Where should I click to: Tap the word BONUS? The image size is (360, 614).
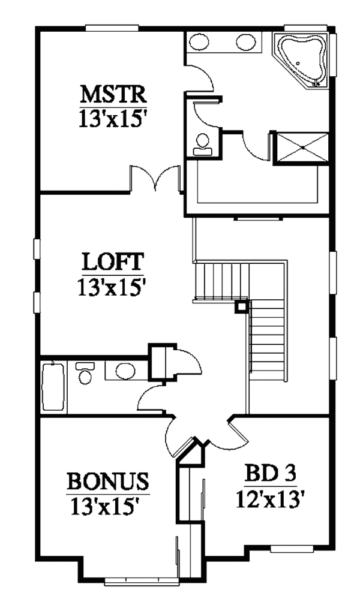point(108,481)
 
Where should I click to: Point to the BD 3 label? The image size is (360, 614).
point(270,474)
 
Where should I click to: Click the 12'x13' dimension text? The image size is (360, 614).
point(270,499)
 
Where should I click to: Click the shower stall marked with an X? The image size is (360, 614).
point(302,147)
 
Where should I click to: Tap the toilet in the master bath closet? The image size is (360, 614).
point(203,144)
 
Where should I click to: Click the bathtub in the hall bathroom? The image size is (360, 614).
point(53,387)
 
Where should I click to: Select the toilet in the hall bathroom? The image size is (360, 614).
point(85,373)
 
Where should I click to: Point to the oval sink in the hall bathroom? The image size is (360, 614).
point(125,371)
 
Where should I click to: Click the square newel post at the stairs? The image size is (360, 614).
point(241,307)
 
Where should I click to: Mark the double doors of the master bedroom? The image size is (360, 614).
point(155,179)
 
